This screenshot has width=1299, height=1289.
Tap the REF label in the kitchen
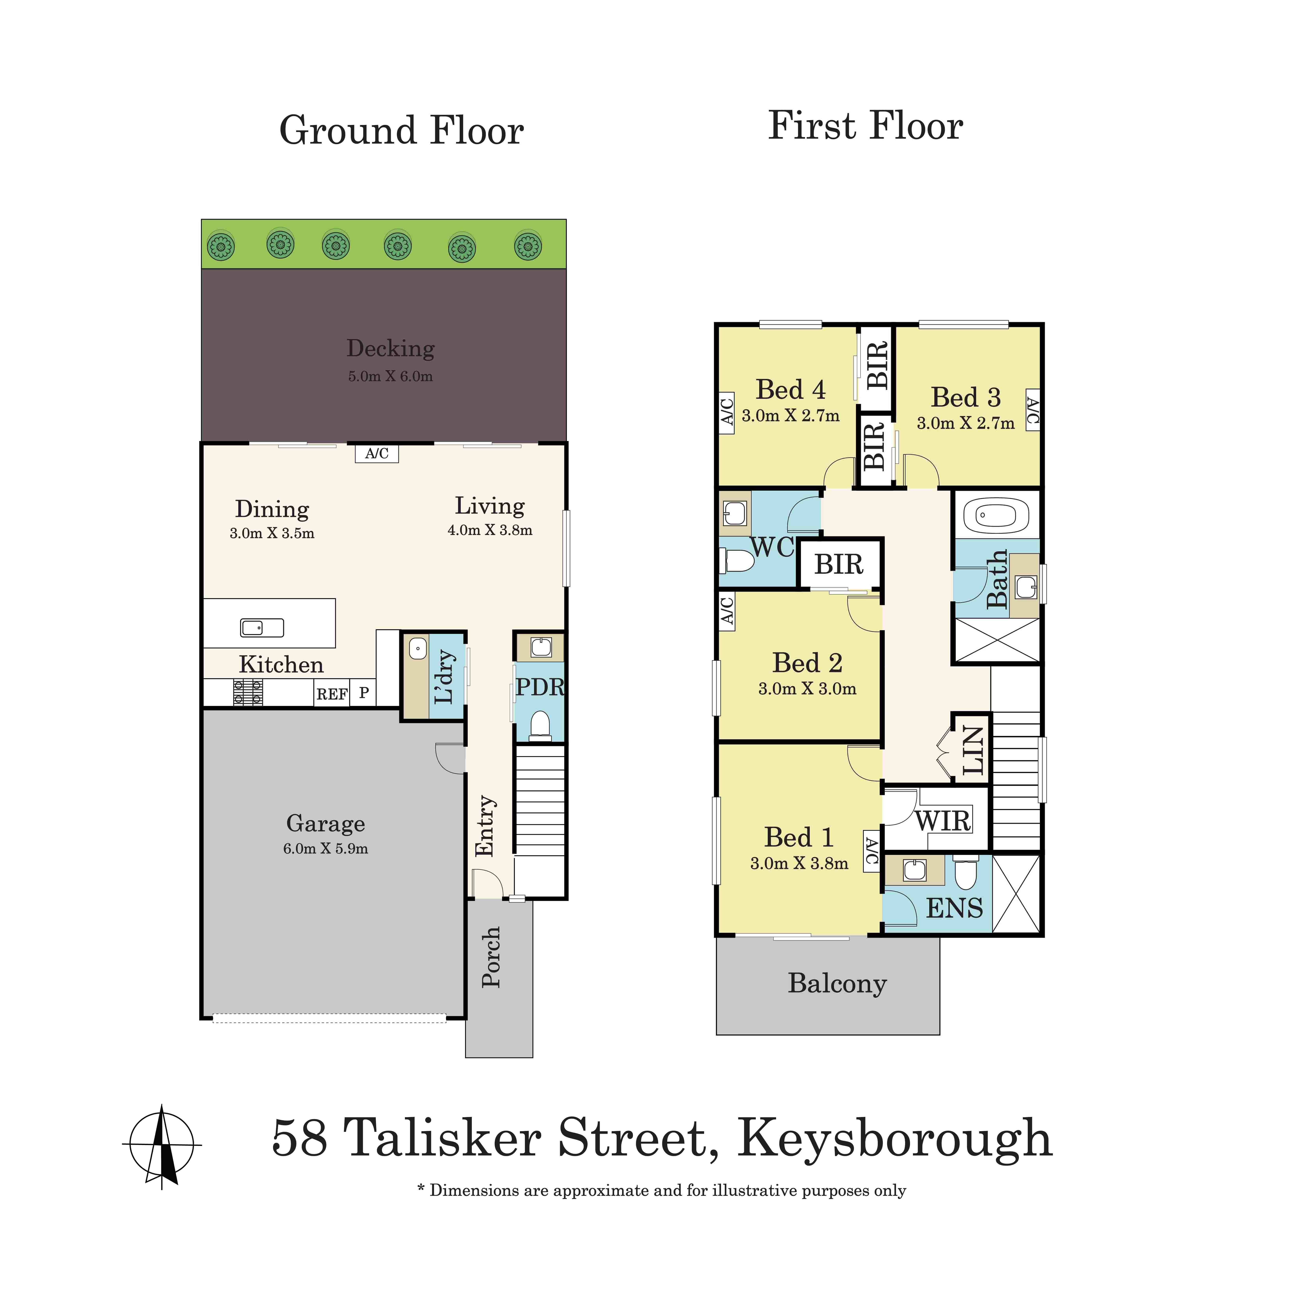[331, 694]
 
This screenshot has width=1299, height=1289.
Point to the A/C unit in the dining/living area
[377, 454]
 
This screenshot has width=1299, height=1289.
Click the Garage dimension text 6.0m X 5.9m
[325, 849]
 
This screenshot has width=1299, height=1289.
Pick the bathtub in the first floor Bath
[996, 516]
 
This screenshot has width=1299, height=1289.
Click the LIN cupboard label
[973, 750]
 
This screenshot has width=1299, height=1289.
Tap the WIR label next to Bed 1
[943, 821]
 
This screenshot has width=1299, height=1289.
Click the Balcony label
[837, 984]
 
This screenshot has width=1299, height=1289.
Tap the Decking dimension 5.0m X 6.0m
[390, 377]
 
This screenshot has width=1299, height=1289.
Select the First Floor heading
[865, 126]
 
